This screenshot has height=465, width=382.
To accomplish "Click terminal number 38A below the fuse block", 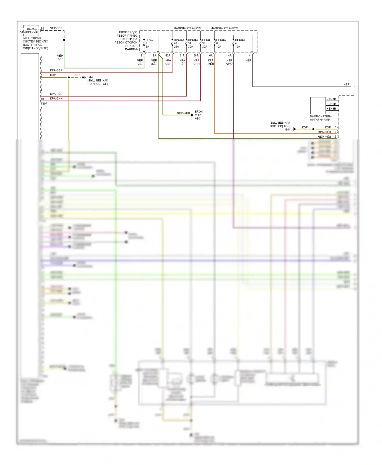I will click(x=196, y=55).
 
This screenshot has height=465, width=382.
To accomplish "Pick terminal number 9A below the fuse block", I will click(x=154, y=55).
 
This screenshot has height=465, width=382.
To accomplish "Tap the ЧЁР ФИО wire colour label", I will click(x=229, y=62).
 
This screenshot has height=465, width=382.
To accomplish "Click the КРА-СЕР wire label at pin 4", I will click(x=56, y=70).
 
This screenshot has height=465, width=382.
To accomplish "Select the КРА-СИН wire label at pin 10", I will click(x=56, y=98).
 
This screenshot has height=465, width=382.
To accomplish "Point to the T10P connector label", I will click(x=44, y=104).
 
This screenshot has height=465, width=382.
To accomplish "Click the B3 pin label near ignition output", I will click(x=43, y=29).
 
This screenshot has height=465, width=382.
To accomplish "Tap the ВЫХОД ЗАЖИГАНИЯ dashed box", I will click(x=31, y=31).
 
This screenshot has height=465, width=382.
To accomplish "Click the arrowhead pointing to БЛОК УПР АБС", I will click(x=192, y=115).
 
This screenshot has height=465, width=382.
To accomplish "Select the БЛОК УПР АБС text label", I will click(x=198, y=115).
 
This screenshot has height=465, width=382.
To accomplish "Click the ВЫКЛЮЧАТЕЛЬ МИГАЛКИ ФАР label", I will click(x=320, y=118).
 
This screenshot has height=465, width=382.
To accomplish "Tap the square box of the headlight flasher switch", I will click(x=318, y=105).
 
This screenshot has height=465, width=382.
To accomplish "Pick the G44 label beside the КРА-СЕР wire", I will click(x=90, y=77).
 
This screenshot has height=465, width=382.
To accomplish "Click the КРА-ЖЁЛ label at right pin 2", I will click(x=324, y=132).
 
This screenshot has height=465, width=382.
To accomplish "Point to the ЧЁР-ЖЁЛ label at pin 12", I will click(x=324, y=137).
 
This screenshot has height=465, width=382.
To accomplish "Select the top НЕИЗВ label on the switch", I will click(x=331, y=99).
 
